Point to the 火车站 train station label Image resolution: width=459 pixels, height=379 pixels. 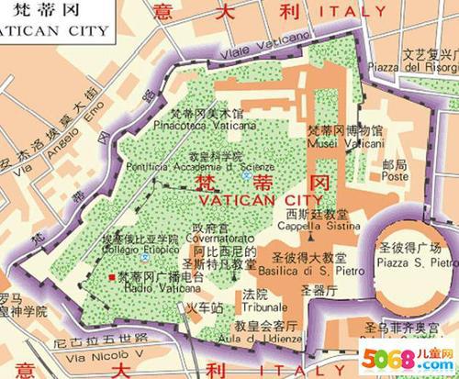(205, 309)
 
